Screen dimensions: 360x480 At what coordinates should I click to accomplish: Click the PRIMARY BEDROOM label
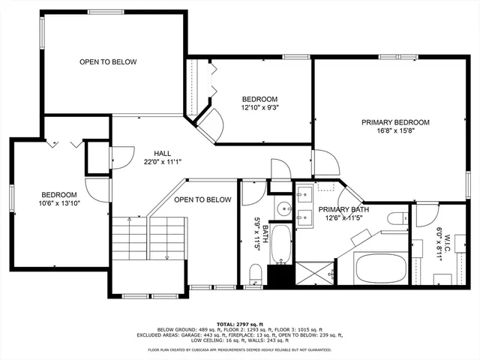[x=395, y=122]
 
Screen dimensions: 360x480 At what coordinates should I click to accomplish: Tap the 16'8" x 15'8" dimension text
[x=395, y=132]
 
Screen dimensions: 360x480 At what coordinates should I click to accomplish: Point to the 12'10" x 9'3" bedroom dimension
[x=259, y=109]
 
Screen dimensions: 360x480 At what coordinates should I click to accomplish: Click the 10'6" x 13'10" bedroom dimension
[x=60, y=202]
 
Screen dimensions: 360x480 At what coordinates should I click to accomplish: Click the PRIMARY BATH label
[x=340, y=209]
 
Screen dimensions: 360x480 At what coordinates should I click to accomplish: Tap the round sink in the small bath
[x=282, y=208]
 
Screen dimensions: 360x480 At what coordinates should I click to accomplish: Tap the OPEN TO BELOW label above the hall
[x=108, y=61]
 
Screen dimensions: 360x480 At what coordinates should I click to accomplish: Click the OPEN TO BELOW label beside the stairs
[x=202, y=199]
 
